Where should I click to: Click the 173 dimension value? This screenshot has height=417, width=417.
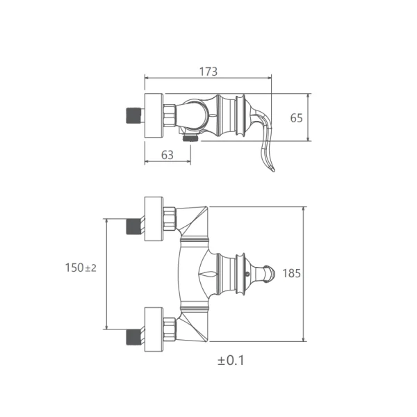(x=208, y=72)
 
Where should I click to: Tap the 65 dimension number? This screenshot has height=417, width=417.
(x=296, y=118)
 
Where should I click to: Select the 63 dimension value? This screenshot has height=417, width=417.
(x=167, y=155)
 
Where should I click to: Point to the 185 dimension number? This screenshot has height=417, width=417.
(x=291, y=273)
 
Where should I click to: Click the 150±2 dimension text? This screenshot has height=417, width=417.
(x=81, y=268)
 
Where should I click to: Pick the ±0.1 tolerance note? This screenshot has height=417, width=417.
(x=231, y=361)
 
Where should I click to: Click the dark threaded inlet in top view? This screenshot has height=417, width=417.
(x=133, y=115)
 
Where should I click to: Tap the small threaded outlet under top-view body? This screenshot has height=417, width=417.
(x=190, y=138)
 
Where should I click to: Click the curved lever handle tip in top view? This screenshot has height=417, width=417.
(x=274, y=170)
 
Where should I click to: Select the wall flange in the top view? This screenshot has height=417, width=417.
(x=154, y=115)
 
